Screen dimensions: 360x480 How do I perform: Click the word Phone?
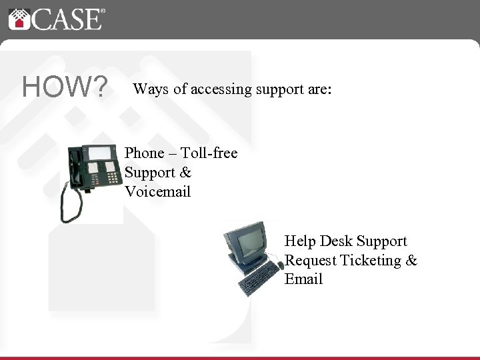pos(144,153)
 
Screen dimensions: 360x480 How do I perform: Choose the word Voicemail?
pos(157,192)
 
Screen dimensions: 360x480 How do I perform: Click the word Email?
pos(303,279)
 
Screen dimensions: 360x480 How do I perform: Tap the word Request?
pos(310,260)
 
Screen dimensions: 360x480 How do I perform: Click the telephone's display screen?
pos(101,153)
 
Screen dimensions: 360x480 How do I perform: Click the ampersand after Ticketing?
pos(411,260)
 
